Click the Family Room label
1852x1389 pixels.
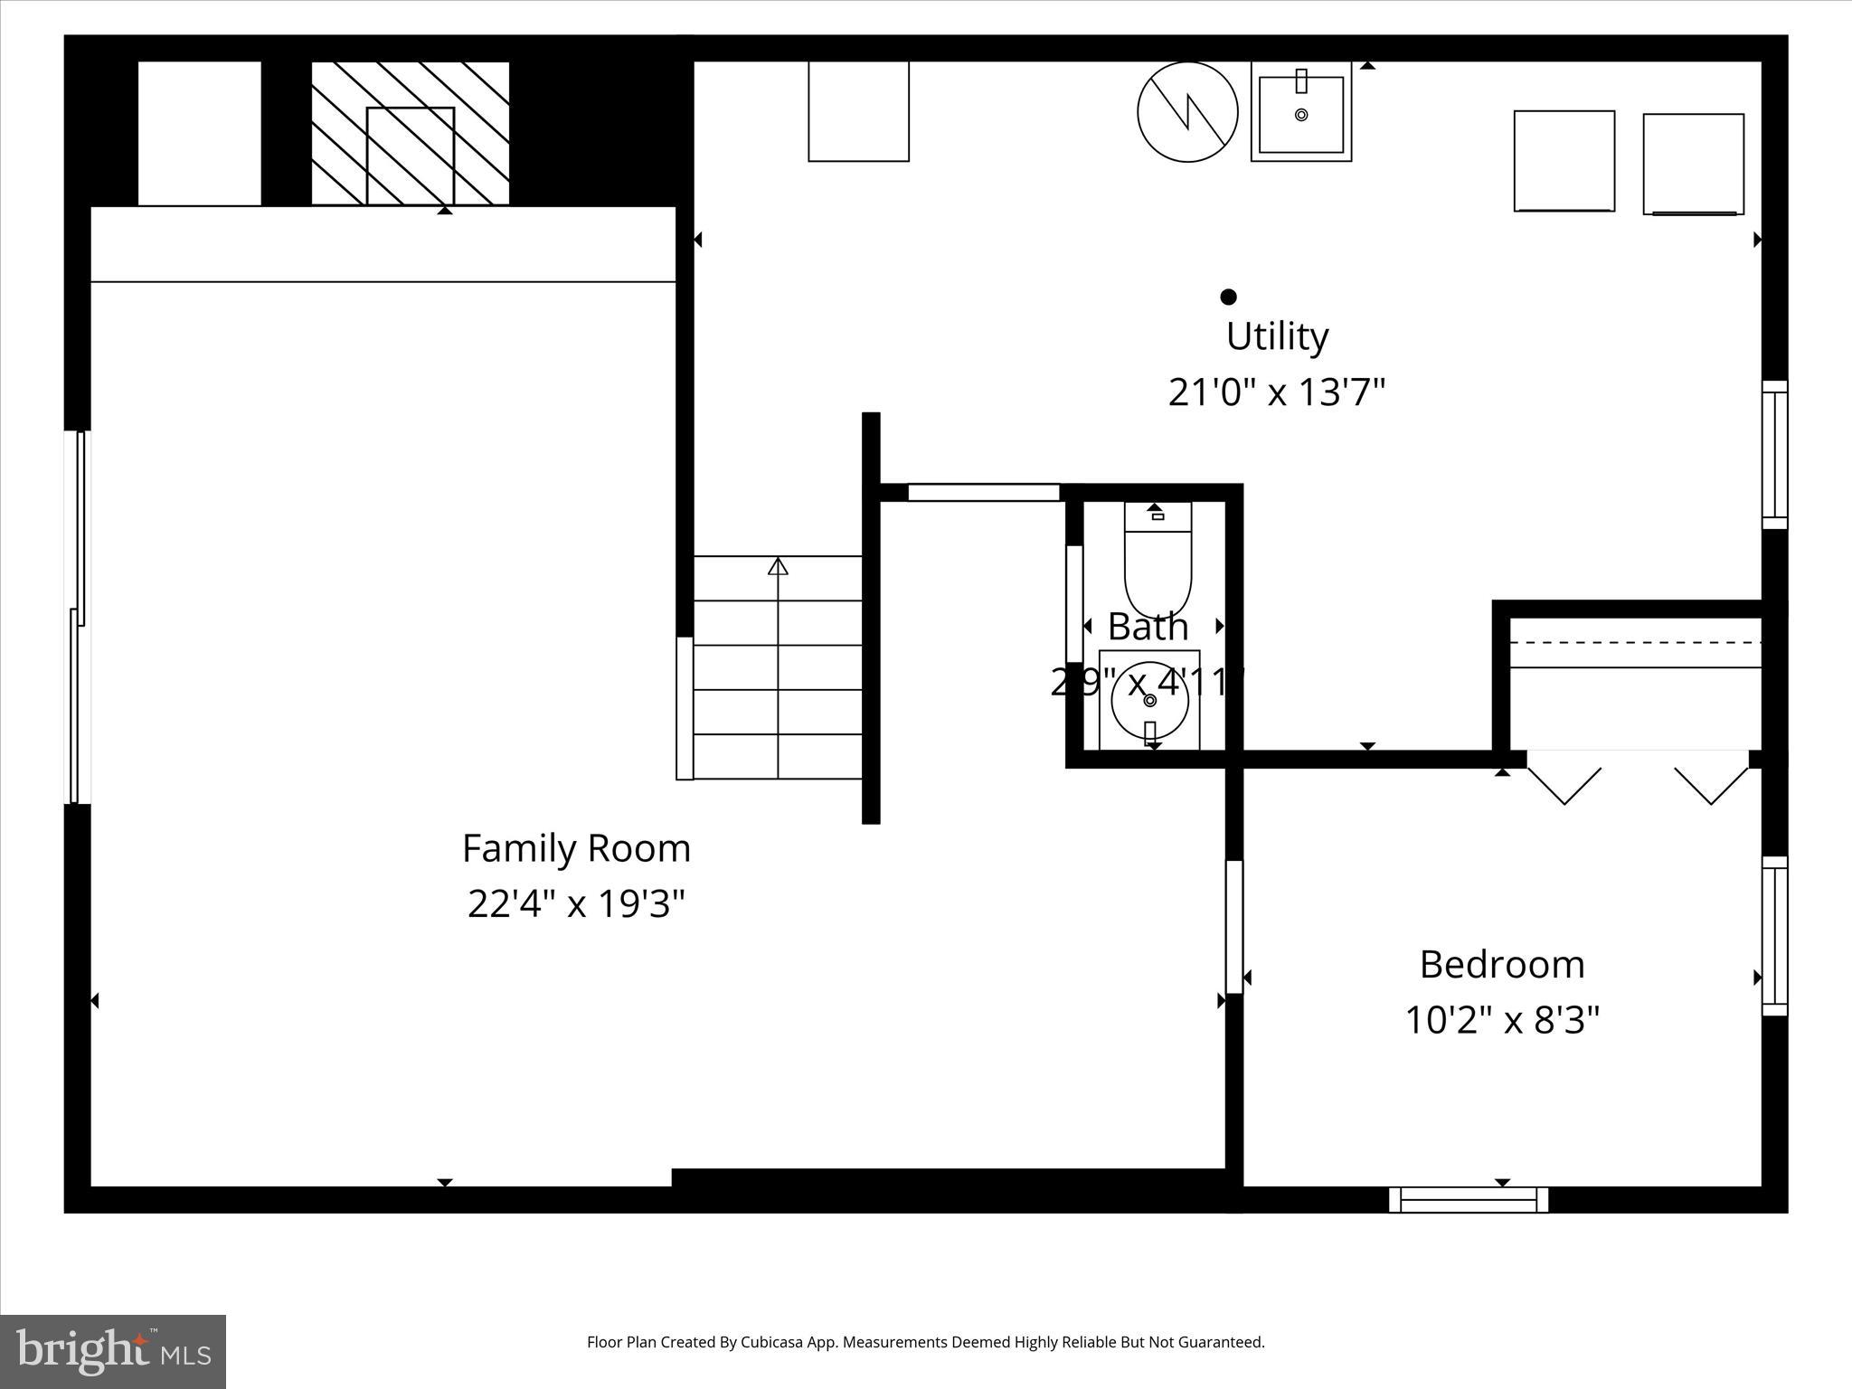(576, 848)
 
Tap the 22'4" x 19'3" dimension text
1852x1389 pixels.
(576, 903)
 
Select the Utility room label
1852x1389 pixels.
(1276, 336)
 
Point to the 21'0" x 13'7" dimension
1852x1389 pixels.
(1276, 392)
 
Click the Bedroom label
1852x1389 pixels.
(1501, 964)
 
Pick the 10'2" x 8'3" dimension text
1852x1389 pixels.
(1501, 1020)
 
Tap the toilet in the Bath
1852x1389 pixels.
(1157, 561)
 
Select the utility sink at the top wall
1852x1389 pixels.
(1300, 112)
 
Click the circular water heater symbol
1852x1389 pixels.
(1186, 112)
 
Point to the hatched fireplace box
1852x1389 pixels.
(411, 133)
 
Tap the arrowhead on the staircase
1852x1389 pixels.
(778, 566)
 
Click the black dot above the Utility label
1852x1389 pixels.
(1228, 297)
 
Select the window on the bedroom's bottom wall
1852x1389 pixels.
(1468, 1200)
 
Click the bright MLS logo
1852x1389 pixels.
(113, 1351)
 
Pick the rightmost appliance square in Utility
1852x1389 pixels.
(1693, 164)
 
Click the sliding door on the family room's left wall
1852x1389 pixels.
(79, 617)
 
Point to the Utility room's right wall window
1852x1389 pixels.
(1774, 455)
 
